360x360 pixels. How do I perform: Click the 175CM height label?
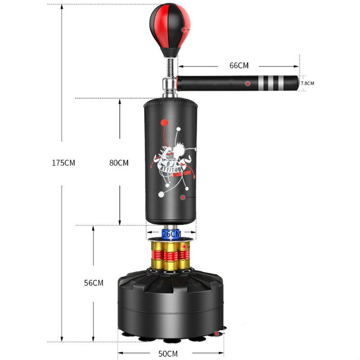click(63, 163)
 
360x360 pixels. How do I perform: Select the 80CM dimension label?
click(119, 163)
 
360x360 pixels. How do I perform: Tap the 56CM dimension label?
click(94, 283)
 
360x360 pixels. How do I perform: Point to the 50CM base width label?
click(168, 354)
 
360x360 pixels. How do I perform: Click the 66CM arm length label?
click(239, 65)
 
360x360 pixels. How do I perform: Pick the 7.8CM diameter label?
click(307, 83)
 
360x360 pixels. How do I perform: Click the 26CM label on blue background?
click(171, 234)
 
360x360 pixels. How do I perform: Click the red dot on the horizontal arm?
click(247, 84)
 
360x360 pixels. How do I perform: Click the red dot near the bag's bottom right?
click(183, 198)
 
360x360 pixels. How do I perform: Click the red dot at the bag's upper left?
click(163, 121)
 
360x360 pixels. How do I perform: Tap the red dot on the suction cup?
click(218, 334)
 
